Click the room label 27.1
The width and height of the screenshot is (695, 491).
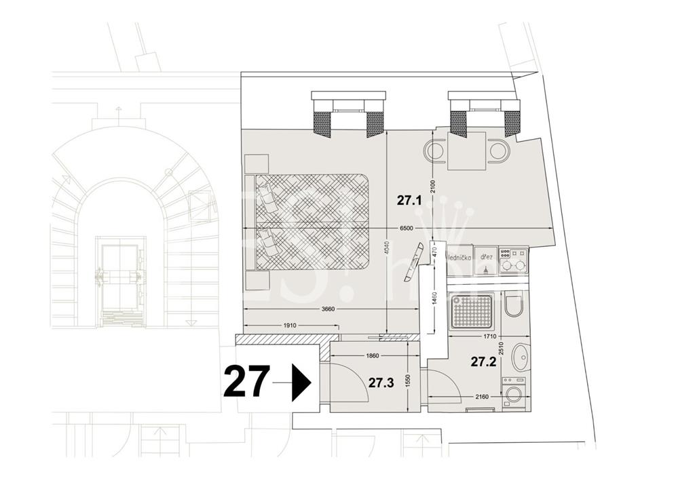[409, 201]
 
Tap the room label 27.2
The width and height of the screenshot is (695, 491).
[483, 361]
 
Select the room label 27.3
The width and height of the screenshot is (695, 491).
[381, 382]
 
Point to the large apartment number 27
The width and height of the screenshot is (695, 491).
[246, 382]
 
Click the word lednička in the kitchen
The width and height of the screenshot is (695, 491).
[459, 258]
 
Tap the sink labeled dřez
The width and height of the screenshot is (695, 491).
[486, 258]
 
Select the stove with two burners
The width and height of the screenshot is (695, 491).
[513, 260]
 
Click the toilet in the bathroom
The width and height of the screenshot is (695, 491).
[514, 305]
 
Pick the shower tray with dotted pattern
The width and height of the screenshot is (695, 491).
[471, 311]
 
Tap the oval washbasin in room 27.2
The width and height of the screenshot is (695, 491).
[520, 357]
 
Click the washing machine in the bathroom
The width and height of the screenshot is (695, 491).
[514, 393]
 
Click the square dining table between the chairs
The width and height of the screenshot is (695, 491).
[467, 151]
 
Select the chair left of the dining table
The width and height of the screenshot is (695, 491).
[434, 150]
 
